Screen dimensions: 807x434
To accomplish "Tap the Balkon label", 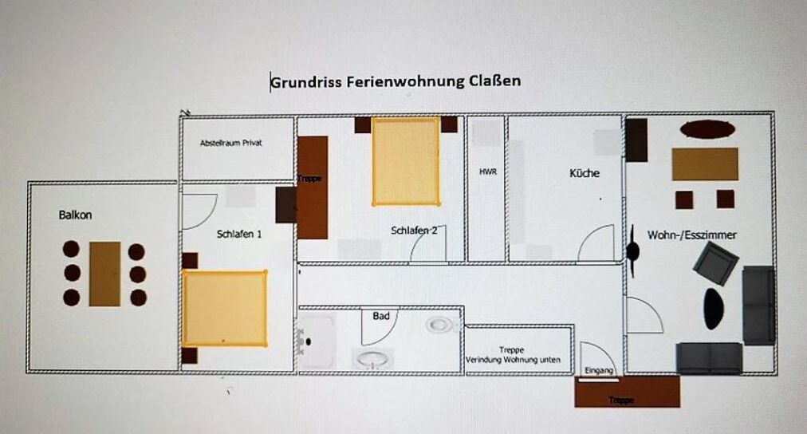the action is point(75,215).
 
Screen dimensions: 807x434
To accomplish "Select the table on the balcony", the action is point(105,274).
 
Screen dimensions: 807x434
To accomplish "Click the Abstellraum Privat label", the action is point(231,143).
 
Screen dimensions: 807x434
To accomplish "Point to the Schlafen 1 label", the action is point(238,235).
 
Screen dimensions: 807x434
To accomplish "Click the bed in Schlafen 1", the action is point(225,308).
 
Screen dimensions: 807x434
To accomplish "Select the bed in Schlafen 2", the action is point(406,162).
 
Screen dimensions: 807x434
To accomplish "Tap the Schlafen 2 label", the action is point(415,230).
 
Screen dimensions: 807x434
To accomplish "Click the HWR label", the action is point(488,172).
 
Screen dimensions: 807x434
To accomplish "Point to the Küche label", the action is point(585,173).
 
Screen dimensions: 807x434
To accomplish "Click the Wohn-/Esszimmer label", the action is point(691,235).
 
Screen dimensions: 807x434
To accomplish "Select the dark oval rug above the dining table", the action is point(707,128).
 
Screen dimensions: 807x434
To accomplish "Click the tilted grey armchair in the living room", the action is point(715,263).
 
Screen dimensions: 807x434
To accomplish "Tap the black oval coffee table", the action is point(714,309).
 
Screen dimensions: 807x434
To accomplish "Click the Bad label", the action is point(381,316).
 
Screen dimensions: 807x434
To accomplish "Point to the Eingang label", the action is point(599,370).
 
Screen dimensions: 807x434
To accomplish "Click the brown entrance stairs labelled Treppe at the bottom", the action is point(627,392).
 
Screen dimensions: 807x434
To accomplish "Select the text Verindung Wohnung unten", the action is point(513,360).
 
